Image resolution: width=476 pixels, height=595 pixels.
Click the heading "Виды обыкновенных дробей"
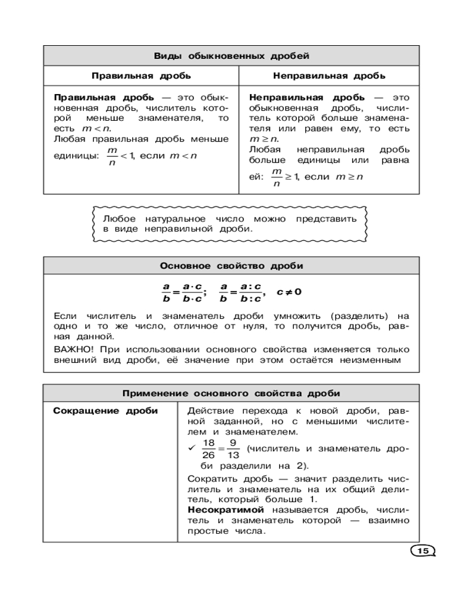[231, 57]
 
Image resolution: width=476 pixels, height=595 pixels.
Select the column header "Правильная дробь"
[141, 76]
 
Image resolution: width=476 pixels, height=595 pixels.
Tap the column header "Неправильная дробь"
[329, 76]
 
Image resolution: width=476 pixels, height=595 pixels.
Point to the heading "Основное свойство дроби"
[231, 266]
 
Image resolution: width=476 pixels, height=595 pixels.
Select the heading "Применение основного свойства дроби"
[231, 393]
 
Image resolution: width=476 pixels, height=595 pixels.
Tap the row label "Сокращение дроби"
[106, 411]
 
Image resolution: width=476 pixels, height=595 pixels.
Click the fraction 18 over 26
[208, 449]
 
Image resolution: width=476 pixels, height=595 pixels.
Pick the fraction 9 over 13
[233, 449]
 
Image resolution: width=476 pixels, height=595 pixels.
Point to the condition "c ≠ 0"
[289, 292]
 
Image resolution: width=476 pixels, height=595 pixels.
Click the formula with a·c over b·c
[184, 292]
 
